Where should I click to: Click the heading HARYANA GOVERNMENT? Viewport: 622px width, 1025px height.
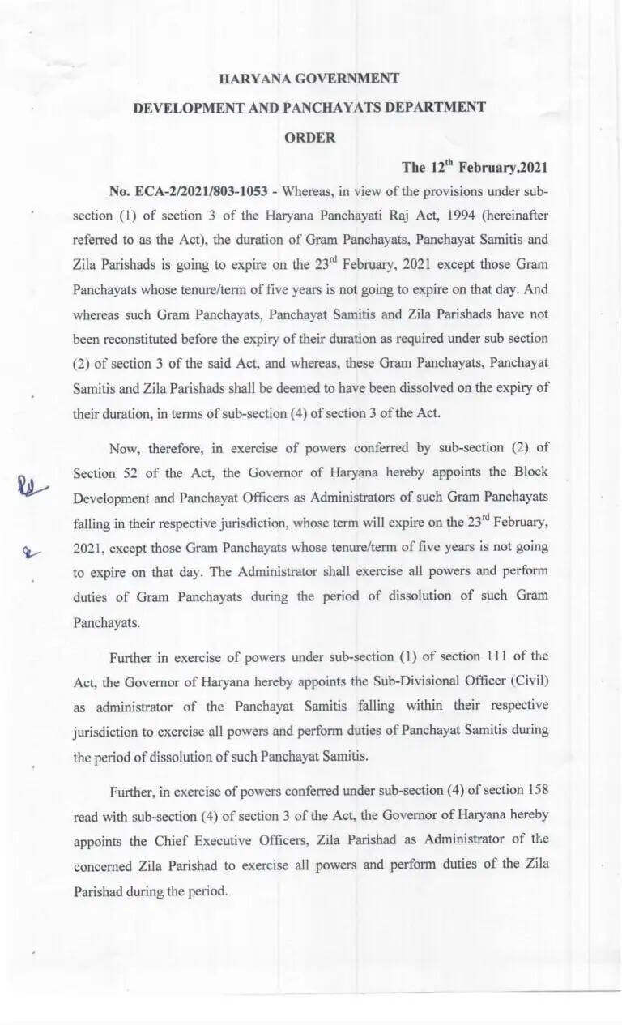coord(309,78)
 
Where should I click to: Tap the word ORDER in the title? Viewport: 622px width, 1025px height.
coord(309,138)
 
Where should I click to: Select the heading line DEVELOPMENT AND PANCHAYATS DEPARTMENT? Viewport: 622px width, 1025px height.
coord(309,107)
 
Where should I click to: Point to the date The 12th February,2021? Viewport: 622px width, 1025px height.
coord(475,167)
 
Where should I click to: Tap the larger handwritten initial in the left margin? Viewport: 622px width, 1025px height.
coord(32,485)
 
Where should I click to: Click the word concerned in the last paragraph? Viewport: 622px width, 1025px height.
coord(104,865)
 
